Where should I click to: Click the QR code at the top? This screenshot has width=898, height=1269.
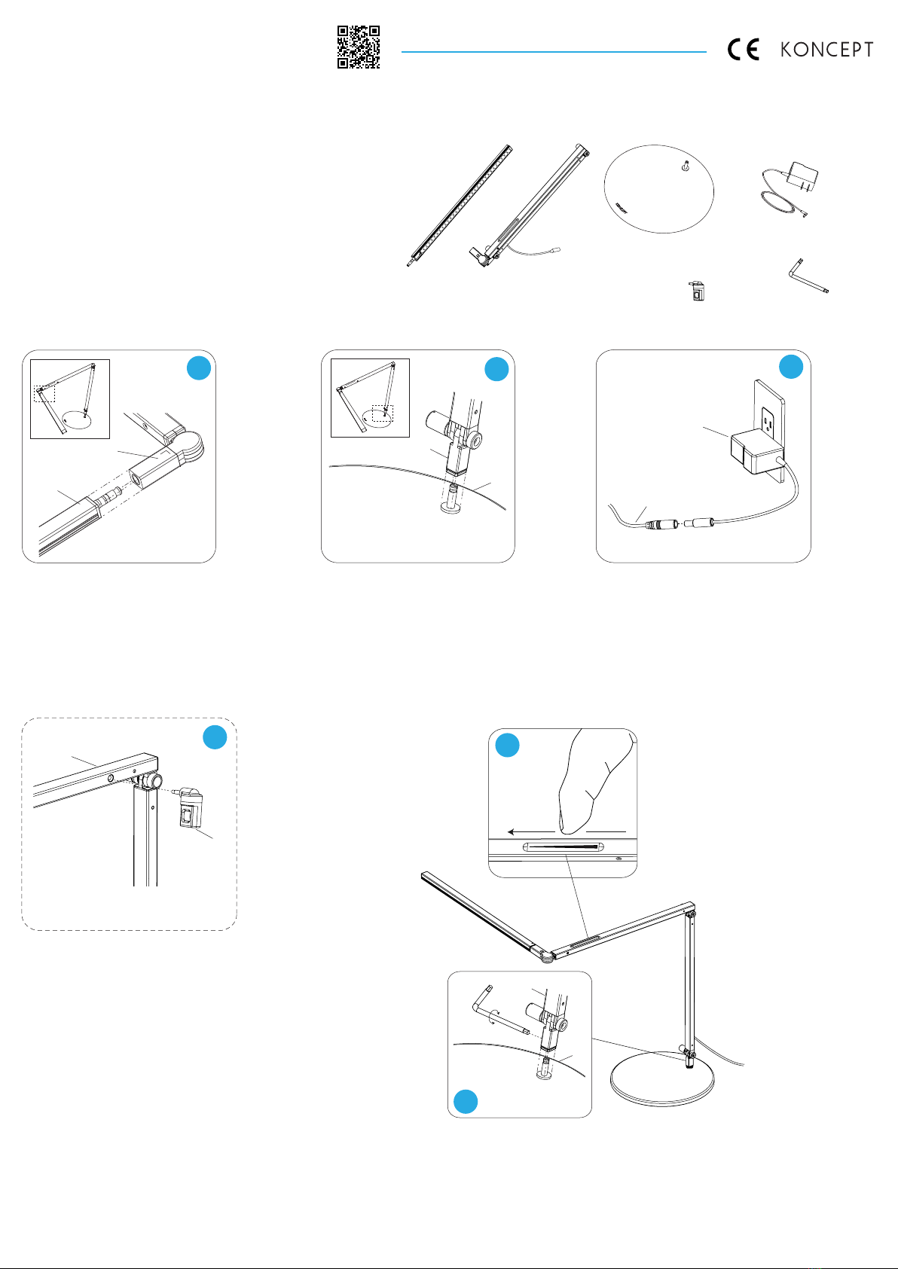click(x=359, y=47)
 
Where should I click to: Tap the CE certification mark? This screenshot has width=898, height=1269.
click(x=744, y=50)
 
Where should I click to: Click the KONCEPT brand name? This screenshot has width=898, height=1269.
click(x=826, y=50)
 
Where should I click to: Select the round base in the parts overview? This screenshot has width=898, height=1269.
click(x=659, y=188)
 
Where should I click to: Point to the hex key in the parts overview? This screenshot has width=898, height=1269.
click(x=808, y=276)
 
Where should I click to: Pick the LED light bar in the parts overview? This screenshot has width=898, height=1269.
click(x=460, y=206)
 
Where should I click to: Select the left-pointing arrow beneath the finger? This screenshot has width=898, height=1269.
click(x=531, y=831)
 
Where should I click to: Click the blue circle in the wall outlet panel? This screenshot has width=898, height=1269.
click(x=791, y=367)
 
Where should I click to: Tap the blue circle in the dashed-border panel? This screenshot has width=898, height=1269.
click(x=215, y=737)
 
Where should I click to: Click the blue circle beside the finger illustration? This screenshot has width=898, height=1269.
click(x=508, y=745)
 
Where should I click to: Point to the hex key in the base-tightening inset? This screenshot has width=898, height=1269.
click(x=499, y=1011)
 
